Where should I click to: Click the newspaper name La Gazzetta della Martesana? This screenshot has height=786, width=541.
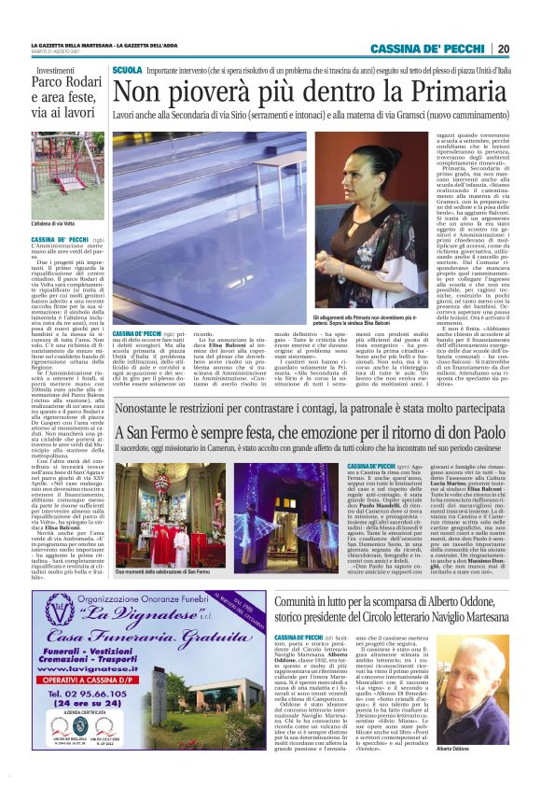tap(69, 44)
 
